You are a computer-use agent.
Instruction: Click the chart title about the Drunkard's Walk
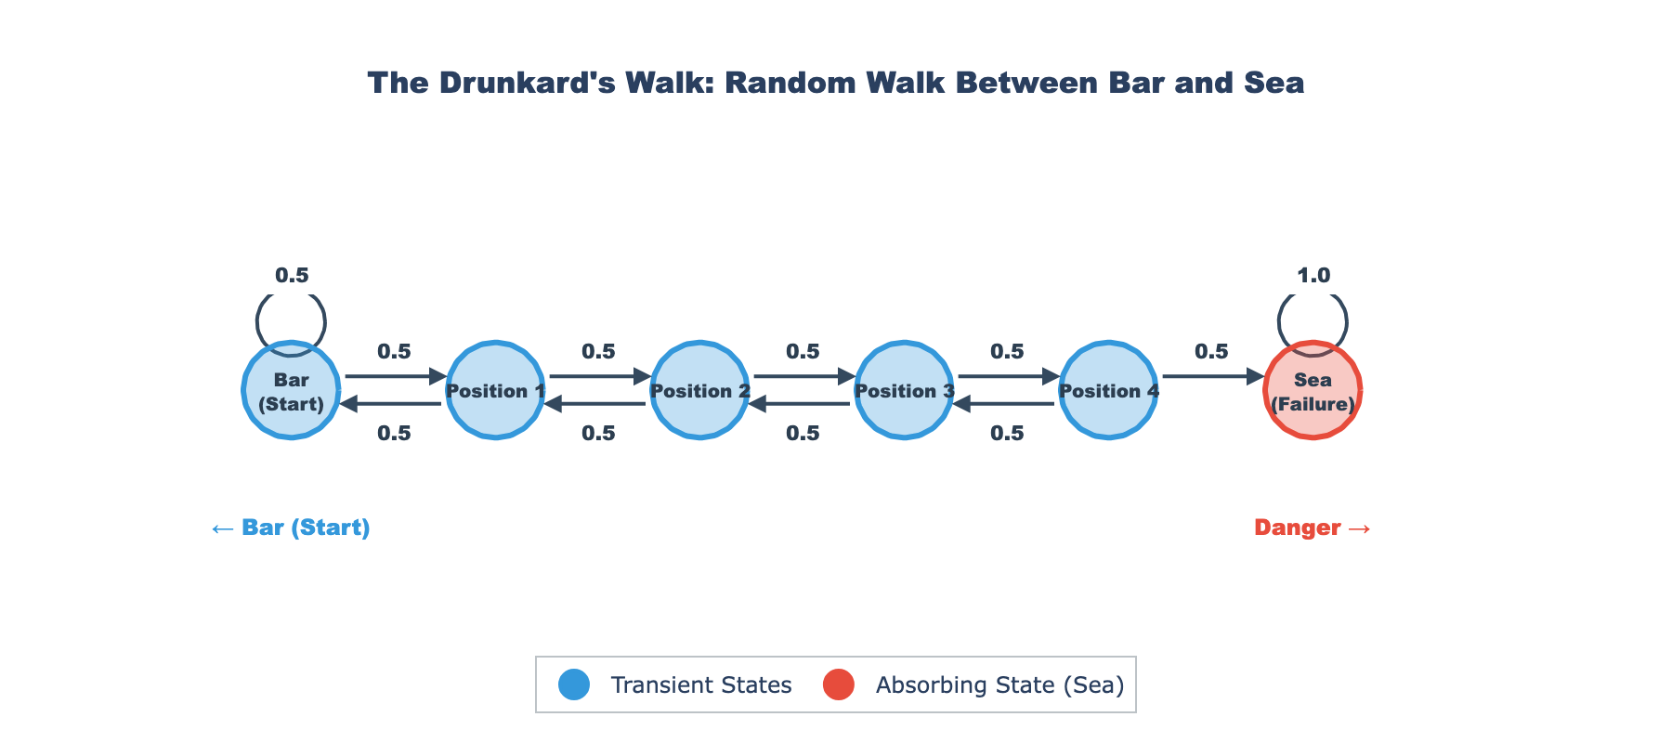[x=836, y=83]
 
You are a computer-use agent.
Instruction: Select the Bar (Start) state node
[x=291, y=391]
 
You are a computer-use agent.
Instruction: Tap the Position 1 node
[x=495, y=391]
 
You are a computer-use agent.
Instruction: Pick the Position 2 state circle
[x=699, y=391]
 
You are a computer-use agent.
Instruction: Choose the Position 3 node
[x=904, y=391]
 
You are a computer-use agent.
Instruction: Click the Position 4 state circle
[x=1108, y=391]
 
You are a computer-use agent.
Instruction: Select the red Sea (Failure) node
[x=1313, y=391]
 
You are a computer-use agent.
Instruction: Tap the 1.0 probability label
[x=1313, y=275]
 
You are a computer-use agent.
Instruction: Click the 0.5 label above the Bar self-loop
[x=292, y=275]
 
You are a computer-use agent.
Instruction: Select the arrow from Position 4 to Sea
[x=1212, y=376]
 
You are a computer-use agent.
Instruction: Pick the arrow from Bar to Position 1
[x=395, y=376]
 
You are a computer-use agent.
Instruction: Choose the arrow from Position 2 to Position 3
[x=803, y=376]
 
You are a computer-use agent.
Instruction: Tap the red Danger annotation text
[x=1312, y=528]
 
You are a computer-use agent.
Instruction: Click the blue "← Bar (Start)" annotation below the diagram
[x=291, y=528]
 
